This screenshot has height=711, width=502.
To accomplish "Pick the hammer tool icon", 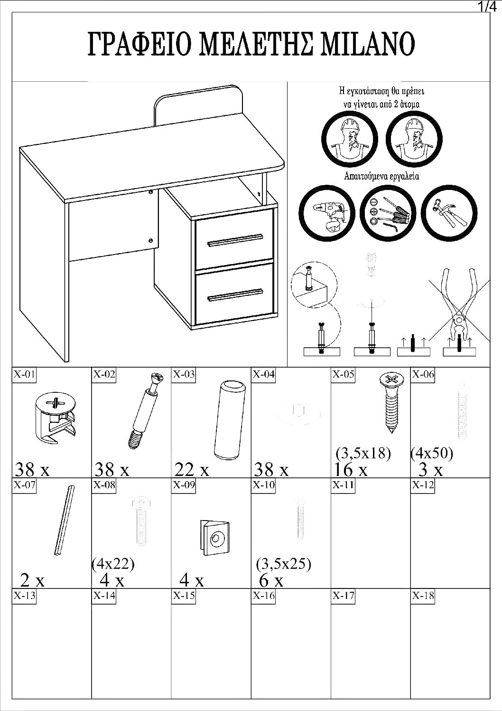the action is [449, 212].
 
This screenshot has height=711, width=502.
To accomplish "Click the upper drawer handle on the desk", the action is [235, 240].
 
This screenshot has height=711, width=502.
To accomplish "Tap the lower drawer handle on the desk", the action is [235, 294].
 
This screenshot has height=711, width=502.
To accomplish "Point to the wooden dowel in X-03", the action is [230, 419].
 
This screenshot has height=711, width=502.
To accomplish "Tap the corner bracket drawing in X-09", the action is [214, 537].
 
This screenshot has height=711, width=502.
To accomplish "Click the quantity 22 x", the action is [192, 470].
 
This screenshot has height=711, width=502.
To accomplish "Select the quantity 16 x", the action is [351, 470].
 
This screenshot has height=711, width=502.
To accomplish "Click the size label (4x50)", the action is [432, 454].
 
